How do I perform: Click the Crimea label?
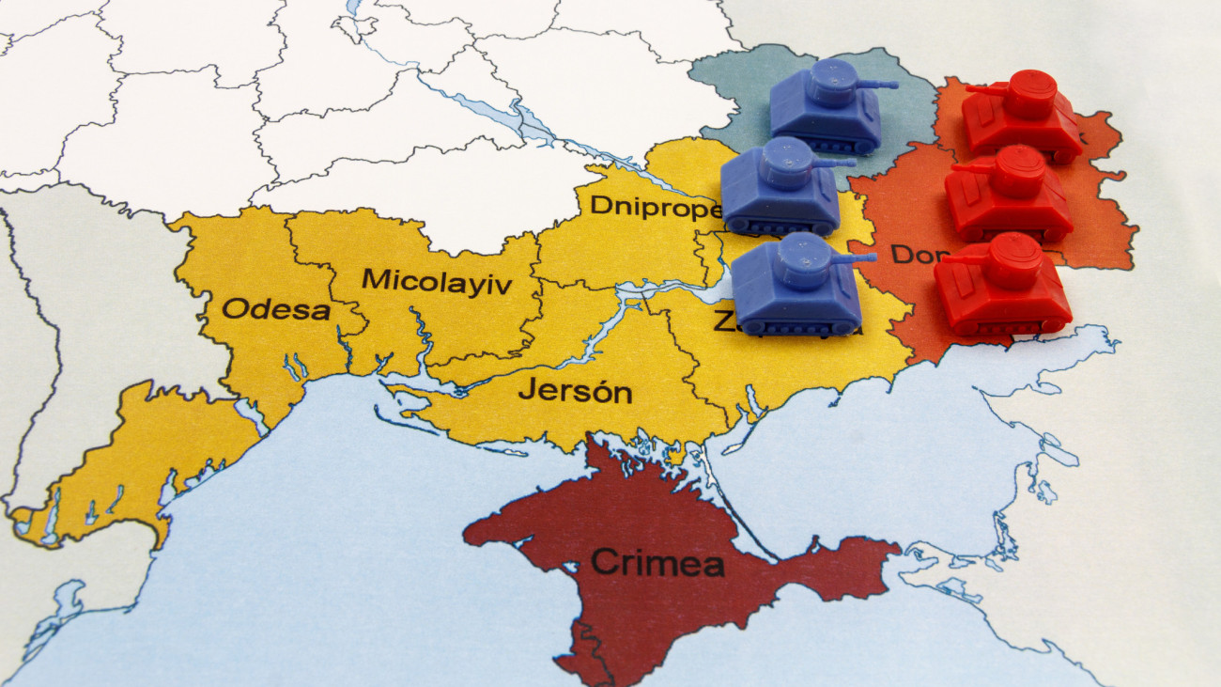click(657, 563)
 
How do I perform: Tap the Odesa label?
click(276, 309)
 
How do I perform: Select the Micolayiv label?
click(437, 281)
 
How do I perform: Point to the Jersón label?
click(575, 390)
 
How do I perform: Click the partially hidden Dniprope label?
click(654, 207)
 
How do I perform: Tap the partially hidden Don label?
click(912, 254)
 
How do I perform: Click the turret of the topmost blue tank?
click(832, 82)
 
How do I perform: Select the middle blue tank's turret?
click(785, 163)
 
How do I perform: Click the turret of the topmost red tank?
click(1030, 93)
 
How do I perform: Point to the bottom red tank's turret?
click(1012, 259)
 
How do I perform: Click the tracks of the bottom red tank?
click(1003, 326)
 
